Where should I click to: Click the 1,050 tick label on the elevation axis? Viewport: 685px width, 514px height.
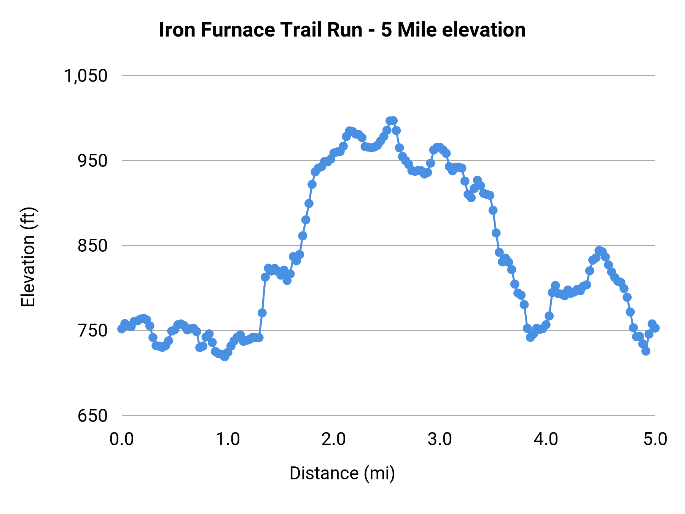point(86,76)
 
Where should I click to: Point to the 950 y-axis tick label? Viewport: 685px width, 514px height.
point(92,161)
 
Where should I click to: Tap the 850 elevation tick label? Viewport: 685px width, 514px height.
point(92,246)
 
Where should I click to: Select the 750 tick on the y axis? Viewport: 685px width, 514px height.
point(92,330)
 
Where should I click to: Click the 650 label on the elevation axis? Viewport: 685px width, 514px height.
point(92,415)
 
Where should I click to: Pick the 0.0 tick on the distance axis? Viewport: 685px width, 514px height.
point(122,439)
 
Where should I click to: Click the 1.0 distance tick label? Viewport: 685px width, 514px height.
point(228,439)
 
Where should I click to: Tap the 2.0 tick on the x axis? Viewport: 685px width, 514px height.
point(334,439)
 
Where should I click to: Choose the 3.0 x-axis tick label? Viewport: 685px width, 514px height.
point(440,439)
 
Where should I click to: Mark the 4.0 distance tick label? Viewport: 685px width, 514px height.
point(546,439)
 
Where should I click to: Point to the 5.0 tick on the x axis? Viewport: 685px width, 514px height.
point(655,439)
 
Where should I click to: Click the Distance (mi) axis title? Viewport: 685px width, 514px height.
point(342,473)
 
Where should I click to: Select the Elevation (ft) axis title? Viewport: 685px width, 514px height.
point(28,257)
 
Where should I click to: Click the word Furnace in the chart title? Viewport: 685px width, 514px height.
point(237,30)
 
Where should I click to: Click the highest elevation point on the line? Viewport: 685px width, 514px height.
point(393,121)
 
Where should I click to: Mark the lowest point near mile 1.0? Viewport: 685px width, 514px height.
point(225,357)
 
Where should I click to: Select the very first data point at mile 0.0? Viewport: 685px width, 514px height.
point(122,329)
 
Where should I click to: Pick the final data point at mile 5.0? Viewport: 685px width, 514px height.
point(655,328)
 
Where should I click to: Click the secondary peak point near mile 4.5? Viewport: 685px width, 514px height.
point(599,251)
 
